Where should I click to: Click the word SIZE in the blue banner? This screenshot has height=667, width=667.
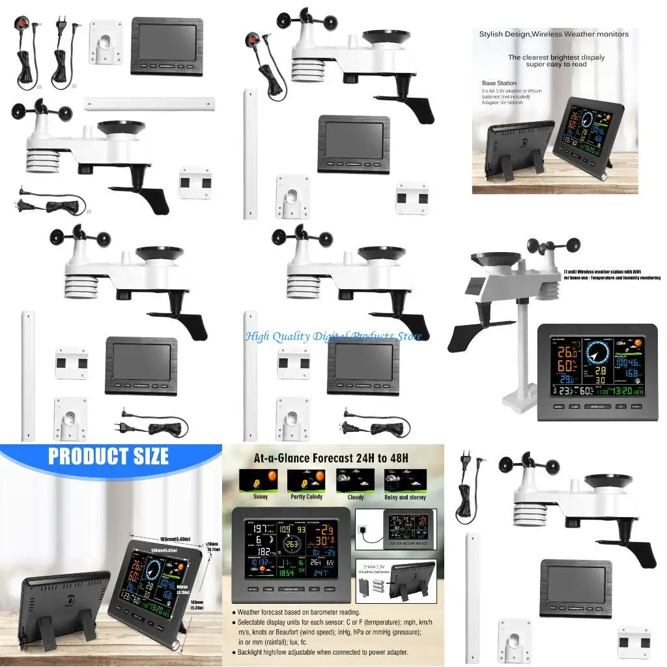coord(141,456)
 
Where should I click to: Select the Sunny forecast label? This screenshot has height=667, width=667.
coord(260,497)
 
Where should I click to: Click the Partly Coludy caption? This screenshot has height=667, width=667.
coord(306,497)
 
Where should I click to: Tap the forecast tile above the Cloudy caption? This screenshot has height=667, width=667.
coord(355,481)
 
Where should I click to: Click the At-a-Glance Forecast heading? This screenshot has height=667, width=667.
coord(332,458)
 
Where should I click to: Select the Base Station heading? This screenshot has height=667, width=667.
coord(500,83)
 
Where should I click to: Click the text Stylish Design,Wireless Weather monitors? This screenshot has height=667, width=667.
coord(554,34)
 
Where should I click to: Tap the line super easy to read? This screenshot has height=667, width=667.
coord(556,64)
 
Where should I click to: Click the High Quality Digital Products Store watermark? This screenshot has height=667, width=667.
coord(333,336)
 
